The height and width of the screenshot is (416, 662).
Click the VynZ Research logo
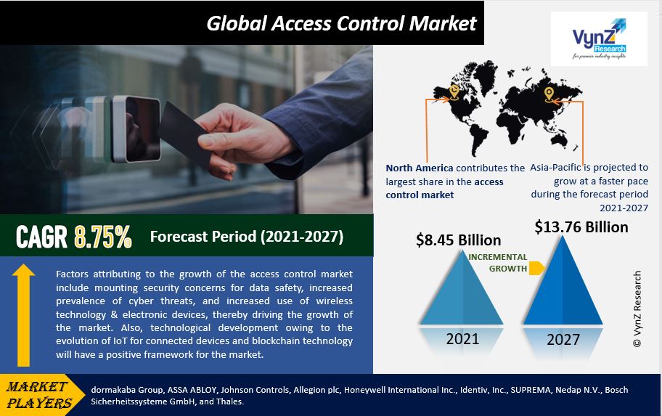tap(599, 39)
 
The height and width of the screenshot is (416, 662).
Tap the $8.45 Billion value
tap(459, 240)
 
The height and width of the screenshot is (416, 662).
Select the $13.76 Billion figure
tap(581, 227)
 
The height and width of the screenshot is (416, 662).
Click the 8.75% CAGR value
tap(103, 237)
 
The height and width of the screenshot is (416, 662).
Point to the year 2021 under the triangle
tap(462, 339)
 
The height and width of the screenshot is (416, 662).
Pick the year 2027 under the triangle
tap(563, 340)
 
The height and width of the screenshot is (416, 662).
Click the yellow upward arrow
tap(23, 315)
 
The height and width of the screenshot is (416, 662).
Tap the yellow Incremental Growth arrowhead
tap(536, 268)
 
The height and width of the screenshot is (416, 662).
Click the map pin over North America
tap(454, 92)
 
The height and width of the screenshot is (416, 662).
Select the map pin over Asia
tap(549, 94)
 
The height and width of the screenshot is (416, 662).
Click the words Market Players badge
tap(39, 394)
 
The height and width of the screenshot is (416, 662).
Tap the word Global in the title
tap(237, 23)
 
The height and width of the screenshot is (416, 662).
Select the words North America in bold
tap(420, 168)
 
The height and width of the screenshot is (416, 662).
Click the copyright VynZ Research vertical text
tap(637, 309)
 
